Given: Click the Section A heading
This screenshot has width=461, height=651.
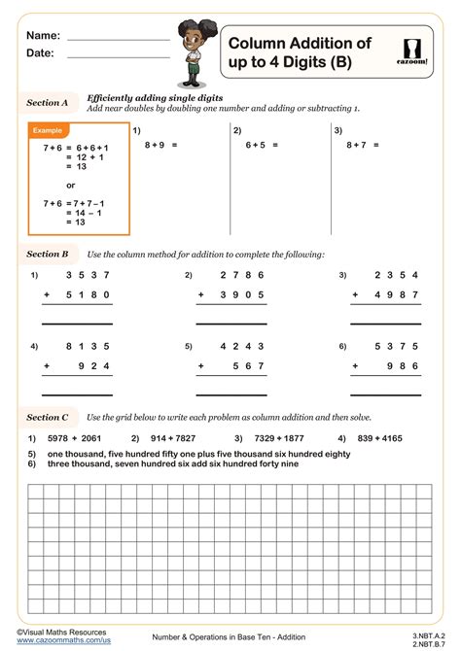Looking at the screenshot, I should click(47, 102).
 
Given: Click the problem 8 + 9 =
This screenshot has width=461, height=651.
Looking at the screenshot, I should click(161, 144).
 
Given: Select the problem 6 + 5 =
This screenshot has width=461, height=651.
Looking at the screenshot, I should click(263, 144).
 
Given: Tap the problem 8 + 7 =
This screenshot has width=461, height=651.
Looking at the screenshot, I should click(363, 144).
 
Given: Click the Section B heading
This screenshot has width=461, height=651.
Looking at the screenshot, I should click(47, 254).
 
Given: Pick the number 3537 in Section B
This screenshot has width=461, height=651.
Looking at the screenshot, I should click(86, 276).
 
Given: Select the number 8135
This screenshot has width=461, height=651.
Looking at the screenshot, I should click(86, 346).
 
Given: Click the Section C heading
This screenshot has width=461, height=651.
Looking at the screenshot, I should click(47, 417).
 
